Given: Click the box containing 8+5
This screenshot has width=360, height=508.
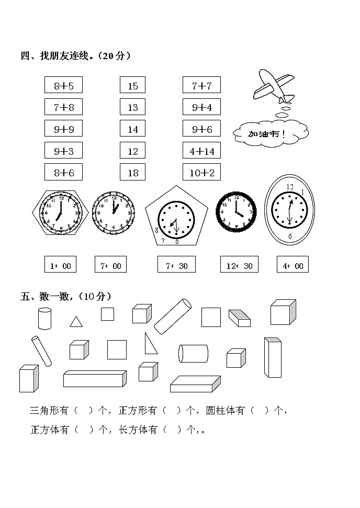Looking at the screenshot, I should [63, 85].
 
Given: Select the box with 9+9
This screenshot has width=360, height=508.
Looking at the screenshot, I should [63, 129].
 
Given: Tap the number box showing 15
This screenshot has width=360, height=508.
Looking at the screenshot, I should [132, 85].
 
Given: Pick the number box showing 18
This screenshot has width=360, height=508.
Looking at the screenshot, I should [132, 172].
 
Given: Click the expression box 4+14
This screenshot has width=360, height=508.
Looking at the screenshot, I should [201, 151].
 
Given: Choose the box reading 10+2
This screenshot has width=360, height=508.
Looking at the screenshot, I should [201, 172].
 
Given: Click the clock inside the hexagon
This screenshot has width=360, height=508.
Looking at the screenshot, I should [58, 212].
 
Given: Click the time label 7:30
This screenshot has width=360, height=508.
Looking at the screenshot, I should [176, 265].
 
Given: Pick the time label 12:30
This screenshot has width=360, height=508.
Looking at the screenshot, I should [239, 265].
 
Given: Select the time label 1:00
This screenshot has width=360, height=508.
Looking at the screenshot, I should [60, 265].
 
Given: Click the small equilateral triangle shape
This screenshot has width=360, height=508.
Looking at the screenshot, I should [76, 322].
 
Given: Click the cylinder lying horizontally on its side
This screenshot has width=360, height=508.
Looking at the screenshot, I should [193, 353].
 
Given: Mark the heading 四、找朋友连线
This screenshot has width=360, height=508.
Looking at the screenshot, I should [75, 56].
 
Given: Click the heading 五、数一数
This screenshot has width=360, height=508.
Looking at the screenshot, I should [65, 296].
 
